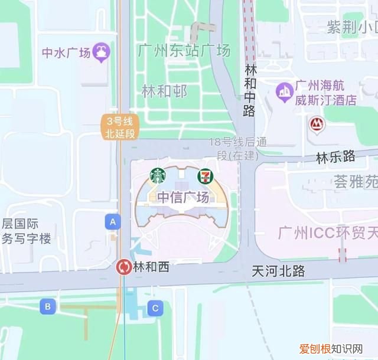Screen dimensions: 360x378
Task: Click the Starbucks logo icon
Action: tap(158, 176)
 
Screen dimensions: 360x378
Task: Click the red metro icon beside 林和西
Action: tap(125, 267)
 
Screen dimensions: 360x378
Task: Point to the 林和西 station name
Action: tap(151, 267)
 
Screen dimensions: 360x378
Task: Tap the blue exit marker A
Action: tap(113, 222)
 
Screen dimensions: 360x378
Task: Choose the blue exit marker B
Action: tap(48, 306)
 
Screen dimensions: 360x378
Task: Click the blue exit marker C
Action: tap(155, 307)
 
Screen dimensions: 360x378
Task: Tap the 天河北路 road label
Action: tap(278, 271)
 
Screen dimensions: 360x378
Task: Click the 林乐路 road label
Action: tap(335, 157)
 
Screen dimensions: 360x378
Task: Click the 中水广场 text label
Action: tap(66, 53)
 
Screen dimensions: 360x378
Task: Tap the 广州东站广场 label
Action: tap(184, 51)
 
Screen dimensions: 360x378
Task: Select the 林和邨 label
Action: tap(164, 91)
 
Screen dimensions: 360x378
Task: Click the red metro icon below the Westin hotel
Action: tap(317, 124)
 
